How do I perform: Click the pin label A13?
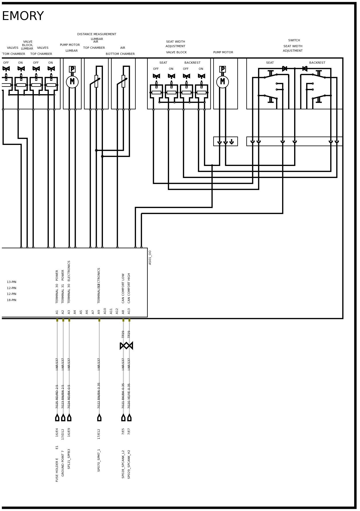[129, 311]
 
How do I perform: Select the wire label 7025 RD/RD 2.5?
[57, 396]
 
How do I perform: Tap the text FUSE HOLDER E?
[57, 470]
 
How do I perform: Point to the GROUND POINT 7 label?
[63, 463]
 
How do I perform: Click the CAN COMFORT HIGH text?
[129, 288]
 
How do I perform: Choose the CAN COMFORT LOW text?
[123, 288]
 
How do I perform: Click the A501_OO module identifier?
[150, 257]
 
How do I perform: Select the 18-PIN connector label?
[11, 300]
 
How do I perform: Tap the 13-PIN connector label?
[11, 282]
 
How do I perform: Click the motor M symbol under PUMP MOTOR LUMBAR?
[72, 82]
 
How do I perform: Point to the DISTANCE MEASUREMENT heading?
[97, 34]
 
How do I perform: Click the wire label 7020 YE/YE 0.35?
[129, 396]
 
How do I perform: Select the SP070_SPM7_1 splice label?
[99, 460]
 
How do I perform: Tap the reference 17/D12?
[63, 434]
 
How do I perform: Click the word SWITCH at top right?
[294, 40]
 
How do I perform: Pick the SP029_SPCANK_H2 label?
[129, 464]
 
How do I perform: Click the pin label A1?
[57, 312]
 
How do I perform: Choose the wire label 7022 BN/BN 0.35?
[99, 396]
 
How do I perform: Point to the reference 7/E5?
[123, 431]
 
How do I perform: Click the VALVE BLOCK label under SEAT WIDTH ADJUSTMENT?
[176, 52]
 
